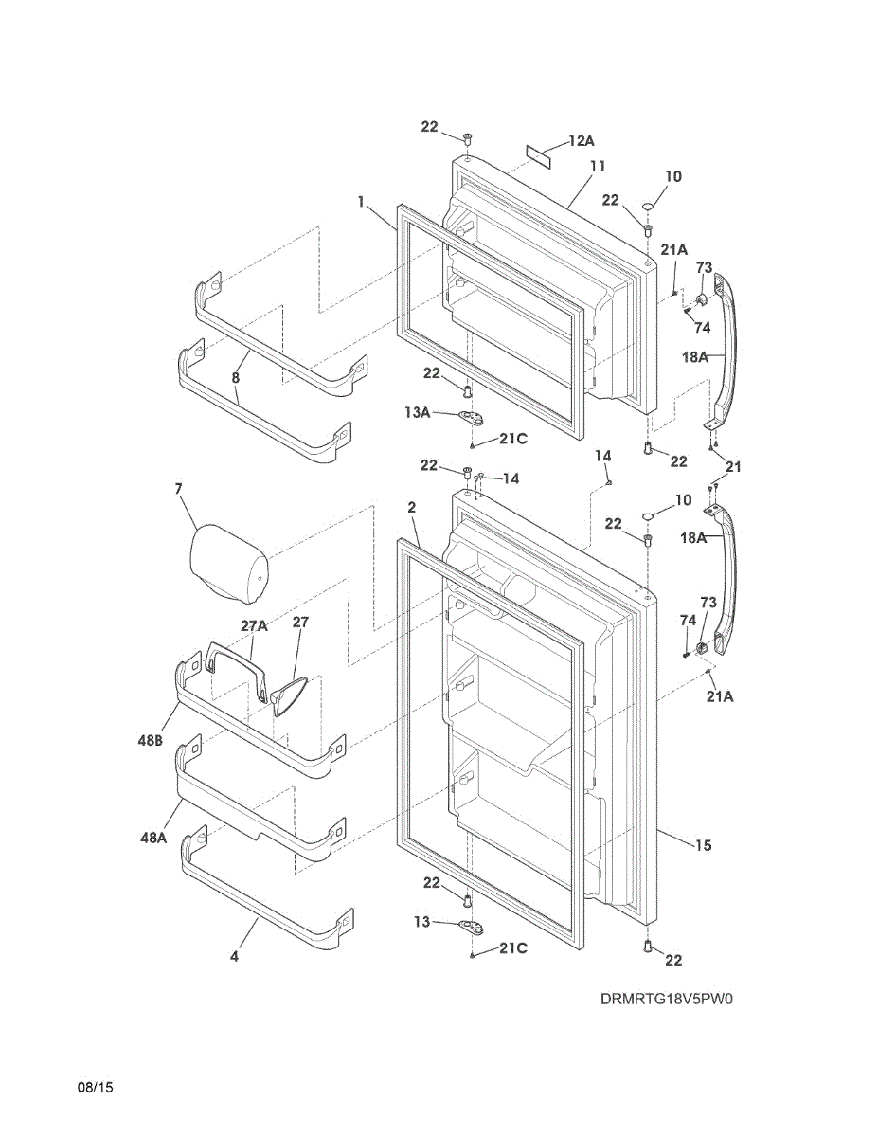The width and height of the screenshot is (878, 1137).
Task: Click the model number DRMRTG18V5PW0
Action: (667, 1000)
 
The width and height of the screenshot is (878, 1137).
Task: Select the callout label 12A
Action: (582, 141)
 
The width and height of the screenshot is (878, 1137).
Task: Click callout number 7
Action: (177, 489)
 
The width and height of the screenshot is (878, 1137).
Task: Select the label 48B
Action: (152, 743)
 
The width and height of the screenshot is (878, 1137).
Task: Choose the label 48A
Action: (153, 838)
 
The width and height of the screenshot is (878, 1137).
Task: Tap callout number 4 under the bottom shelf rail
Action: (234, 957)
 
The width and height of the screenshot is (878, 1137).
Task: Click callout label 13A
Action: (417, 412)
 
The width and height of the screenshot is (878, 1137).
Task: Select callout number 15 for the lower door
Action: (703, 845)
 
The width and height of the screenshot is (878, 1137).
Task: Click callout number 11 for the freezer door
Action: (597, 167)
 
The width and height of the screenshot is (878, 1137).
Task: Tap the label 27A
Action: (254, 625)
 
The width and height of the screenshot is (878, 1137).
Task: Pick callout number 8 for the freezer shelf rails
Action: (236, 377)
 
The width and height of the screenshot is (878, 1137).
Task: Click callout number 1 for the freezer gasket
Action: (362, 201)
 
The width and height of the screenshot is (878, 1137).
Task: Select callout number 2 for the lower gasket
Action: (412, 508)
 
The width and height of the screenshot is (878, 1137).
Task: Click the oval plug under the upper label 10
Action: (649, 207)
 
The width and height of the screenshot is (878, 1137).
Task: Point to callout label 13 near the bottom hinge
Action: (422, 920)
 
